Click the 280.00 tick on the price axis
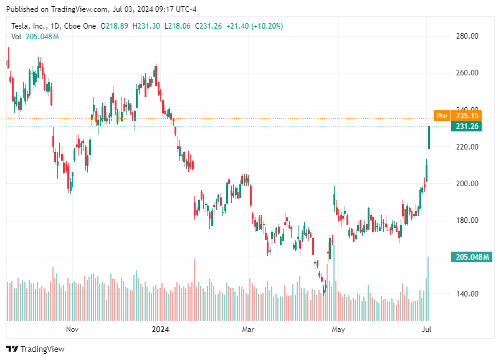[x=466, y=36]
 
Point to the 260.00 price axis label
[x=466, y=73]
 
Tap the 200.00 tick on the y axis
[x=466, y=184]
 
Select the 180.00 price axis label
[x=466, y=220]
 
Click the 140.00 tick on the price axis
[x=466, y=294]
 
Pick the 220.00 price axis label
[x=466, y=147]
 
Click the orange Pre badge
[x=442, y=116]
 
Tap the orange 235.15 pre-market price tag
[x=467, y=116]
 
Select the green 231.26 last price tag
[x=467, y=126]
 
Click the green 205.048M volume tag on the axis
[x=471, y=257]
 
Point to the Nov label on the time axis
[x=72, y=329]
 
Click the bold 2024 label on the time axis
[x=161, y=329]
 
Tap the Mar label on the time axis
[x=249, y=329]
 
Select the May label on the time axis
[x=338, y=329]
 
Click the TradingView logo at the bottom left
[x=36, y=349]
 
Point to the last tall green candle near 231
[x=429, y=138]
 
